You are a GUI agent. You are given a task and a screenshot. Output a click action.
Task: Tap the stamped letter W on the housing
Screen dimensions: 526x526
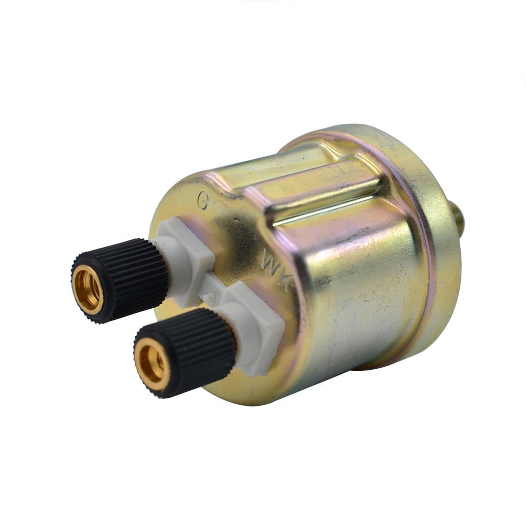point(271,262)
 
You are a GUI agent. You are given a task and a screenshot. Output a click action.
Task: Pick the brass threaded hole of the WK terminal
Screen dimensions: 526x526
point(153,364)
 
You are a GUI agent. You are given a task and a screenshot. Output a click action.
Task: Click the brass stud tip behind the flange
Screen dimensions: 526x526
point(458,218)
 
